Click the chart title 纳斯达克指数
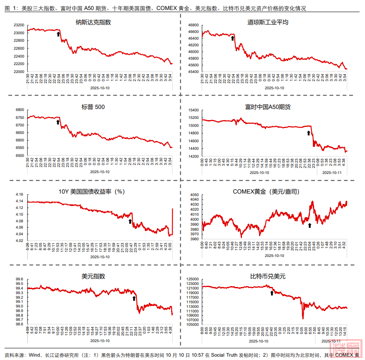tap(93, 22)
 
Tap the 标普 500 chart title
tap(93, 107)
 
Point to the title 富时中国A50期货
tap(274, 107)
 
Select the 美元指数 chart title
tap(93, 276)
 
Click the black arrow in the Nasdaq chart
tap(58, 34)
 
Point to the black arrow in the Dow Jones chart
tap(233, 38)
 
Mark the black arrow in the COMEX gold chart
tap(310, 225)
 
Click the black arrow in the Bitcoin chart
tap(272, 293)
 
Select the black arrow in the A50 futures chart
tap(309, 133)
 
